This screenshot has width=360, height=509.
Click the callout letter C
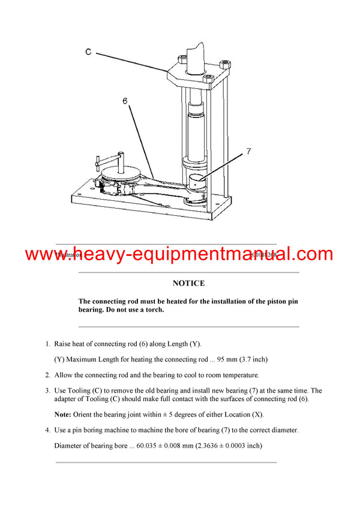pyautogui.click(x=88, y=52)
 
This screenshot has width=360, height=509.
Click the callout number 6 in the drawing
pyautogui.click(x=125, y=101)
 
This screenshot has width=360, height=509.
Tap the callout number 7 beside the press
pyautogui.click(x=248, y=152)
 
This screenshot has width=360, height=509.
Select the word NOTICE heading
pyautogui.click(x=188, y=283)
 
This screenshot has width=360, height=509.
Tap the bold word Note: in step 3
pyautogui.click(x=64, y=415)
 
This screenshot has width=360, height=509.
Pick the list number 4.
pyautogui.click(x=47, y=430)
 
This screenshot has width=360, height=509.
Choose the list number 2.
pyautogui.click(x=47, y=375)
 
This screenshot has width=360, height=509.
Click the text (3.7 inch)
pyautogui.click(x=252, y=360)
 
